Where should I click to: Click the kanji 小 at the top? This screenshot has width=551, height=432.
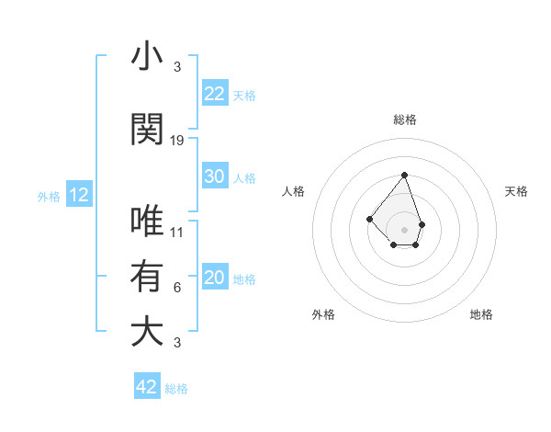tap(146, 57)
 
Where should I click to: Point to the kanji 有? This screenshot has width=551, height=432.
tap(146, 276)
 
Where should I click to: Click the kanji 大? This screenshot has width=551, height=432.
tap(146, 331)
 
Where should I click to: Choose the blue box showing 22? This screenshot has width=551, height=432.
tap(215, 93)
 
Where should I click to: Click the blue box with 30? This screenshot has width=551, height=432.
tap(215, 176)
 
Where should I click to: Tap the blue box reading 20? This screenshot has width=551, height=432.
tap(215, 278)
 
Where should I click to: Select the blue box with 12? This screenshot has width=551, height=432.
tap(79, 195)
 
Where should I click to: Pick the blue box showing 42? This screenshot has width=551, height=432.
tap(147, 387)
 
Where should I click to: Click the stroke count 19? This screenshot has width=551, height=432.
tap(177, 141)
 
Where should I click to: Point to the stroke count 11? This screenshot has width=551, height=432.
tap(177, 233)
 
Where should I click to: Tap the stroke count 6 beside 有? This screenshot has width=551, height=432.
tap(177, 288)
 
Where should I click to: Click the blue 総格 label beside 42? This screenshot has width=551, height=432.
tap(176, 389)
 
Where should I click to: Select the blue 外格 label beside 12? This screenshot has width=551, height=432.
tap(49, 196)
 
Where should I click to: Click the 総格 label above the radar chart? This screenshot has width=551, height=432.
tap(404, 119)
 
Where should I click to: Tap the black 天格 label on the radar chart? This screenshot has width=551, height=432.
tap(516, 191)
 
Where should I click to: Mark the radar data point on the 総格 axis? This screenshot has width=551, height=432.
tap(404, 175)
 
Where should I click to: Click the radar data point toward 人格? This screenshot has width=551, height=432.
tap(369, 218)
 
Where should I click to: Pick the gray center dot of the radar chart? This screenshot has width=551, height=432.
tap(404, 229)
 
